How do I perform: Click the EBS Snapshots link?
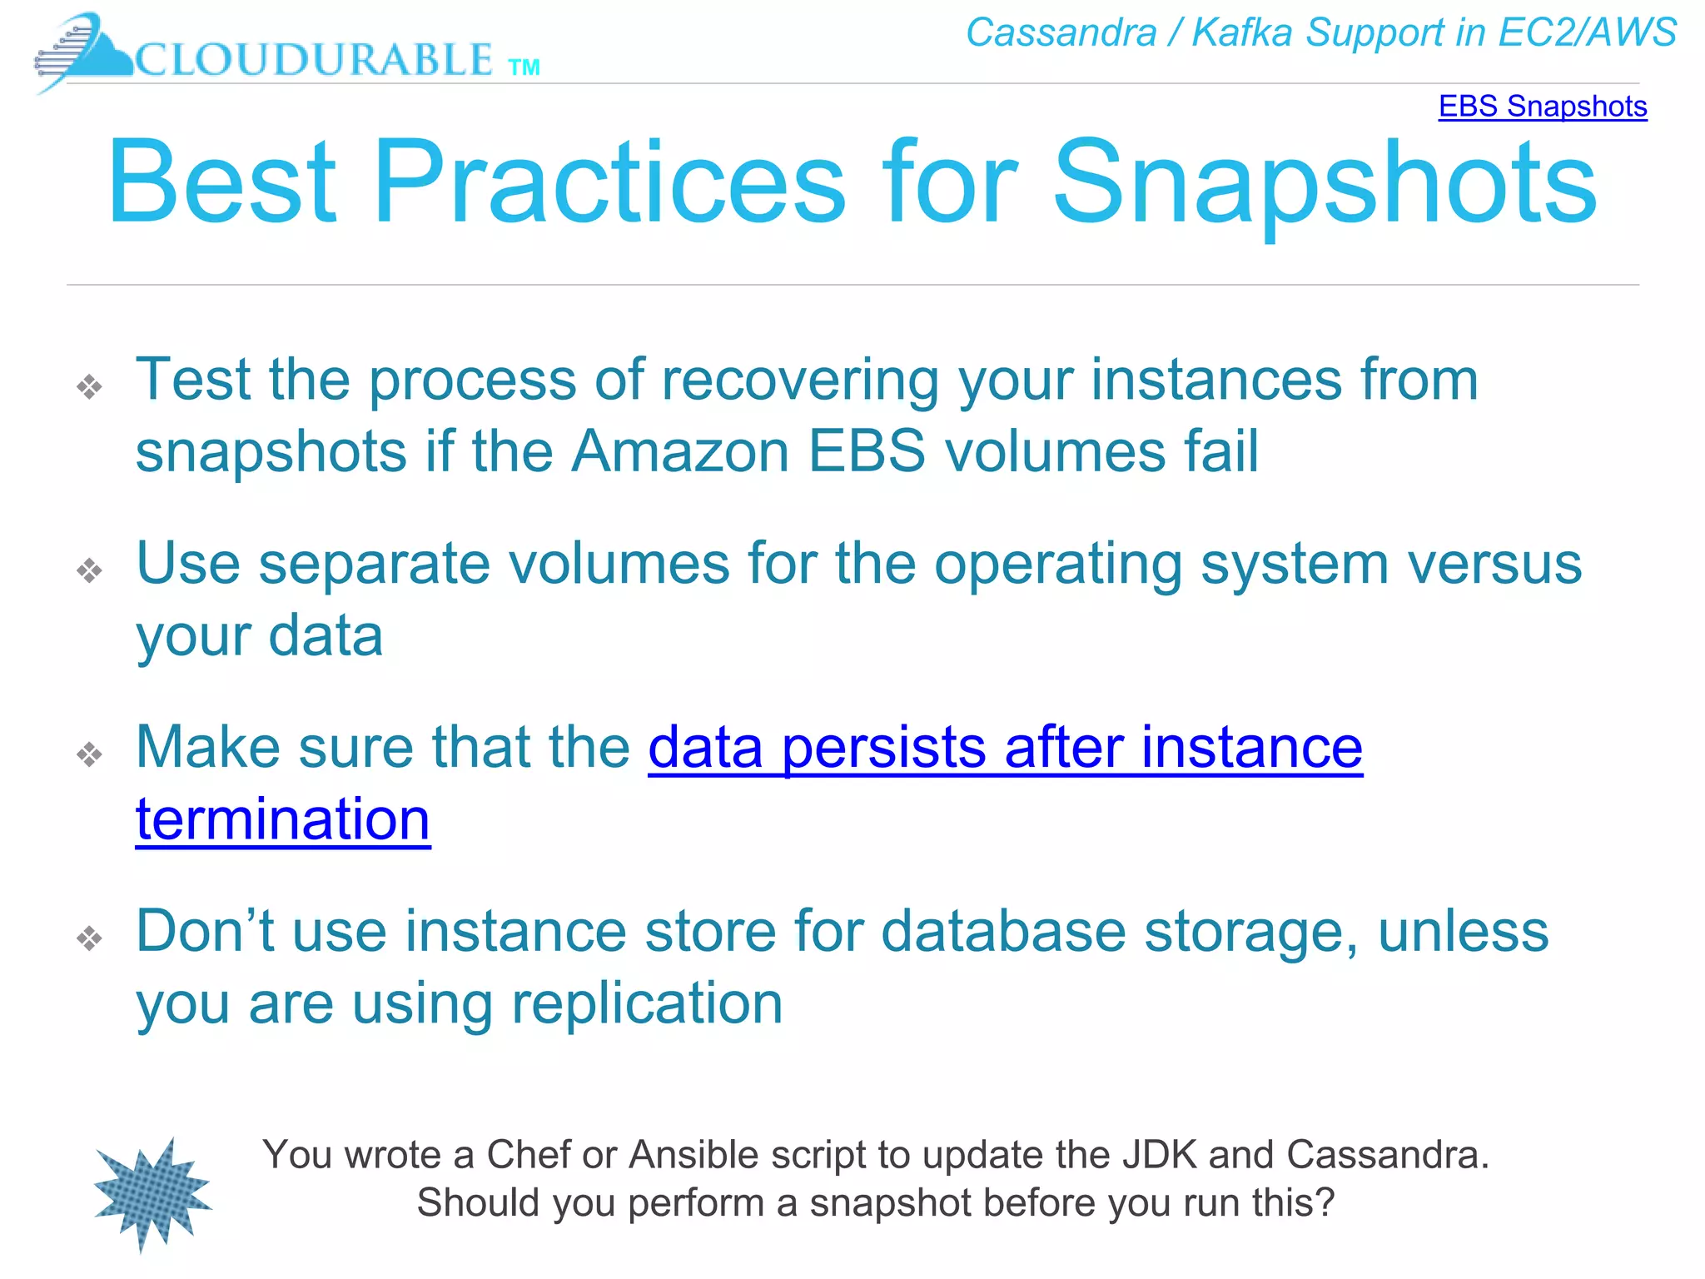[1542, 107]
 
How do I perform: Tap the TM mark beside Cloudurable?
[524, 68]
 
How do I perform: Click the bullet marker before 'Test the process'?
[89, 386]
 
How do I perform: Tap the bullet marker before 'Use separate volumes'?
[89, 570]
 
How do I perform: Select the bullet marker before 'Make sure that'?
[89, 754]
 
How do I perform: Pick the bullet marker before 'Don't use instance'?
[89, 938]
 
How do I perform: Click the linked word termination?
[283, 819]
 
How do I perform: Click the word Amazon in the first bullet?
[680, 451]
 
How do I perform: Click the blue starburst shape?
[152, 1195]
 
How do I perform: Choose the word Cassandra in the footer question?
[1387, 1155]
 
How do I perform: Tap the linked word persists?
[884, 747]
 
